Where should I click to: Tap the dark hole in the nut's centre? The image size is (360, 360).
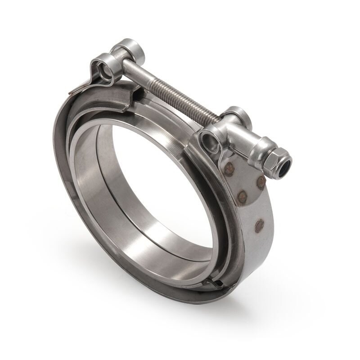(x=284, y=166)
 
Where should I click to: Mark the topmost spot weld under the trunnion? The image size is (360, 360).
(x=229, y=169)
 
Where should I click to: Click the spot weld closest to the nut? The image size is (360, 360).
(x=261, y=182)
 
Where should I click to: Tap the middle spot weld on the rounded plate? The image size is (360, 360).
(x=243, y=196)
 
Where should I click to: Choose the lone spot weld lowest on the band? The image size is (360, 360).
(x=259, y=225)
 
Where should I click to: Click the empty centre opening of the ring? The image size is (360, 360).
(x=157, y=180)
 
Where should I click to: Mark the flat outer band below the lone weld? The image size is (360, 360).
(x=254, y=256)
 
